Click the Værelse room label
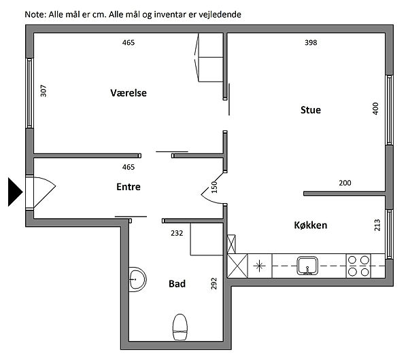[x=129, y=93]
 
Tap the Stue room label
[x=311, y=110]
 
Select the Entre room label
[x=129, y=187]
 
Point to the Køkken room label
[x=311, y=225]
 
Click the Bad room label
[x=177, y=283]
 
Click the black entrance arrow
[x=16, y=192]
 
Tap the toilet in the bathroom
[x=180, y=327]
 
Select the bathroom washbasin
[x=137, y=279]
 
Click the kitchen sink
[x=308, y=266]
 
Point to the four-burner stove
[x=358, y=266]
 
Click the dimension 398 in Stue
[x=311, y=43]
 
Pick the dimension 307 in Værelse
[x=44, y=91]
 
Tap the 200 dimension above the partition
[x=345, y=183]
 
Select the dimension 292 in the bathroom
[x=214, y=283]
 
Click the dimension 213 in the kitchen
[x=377, y=225]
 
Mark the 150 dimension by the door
[x=214, y=187]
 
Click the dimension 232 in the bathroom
[x=177, y=233]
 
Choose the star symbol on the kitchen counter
[x=260, y=266]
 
